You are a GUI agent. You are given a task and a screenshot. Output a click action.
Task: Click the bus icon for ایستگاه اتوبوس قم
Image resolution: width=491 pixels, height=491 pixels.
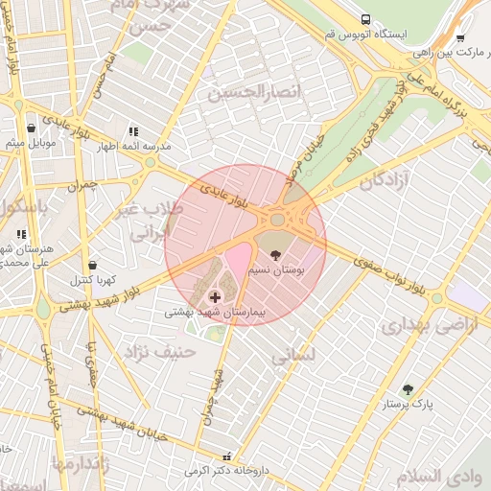click(365, 19)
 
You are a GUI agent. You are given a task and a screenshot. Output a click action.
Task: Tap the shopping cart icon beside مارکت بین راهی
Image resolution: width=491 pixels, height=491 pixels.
click(460, 38)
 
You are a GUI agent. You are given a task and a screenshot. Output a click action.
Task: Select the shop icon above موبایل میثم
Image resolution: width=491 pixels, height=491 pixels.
click(32, 128)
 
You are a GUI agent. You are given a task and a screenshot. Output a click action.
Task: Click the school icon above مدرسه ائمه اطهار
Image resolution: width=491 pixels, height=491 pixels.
click(133, 131)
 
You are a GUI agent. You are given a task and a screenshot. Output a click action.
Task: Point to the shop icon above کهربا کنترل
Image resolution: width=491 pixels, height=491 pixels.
click(92, 265)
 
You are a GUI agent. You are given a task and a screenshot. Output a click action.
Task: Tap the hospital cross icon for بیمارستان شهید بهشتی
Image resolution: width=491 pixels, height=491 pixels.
click(213, 298)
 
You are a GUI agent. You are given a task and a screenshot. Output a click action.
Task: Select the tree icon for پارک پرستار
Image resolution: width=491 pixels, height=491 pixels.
click(408, 389)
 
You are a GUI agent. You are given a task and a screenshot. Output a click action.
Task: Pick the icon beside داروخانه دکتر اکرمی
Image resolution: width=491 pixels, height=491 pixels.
click(227, 457)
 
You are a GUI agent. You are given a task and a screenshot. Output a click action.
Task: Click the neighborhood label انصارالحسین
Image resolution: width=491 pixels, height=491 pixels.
click(247, 92)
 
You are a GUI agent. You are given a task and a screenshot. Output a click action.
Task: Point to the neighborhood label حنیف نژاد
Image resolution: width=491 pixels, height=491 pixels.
click(157, 352)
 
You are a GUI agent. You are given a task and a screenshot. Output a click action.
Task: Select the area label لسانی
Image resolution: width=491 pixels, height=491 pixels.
click(292, 357)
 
